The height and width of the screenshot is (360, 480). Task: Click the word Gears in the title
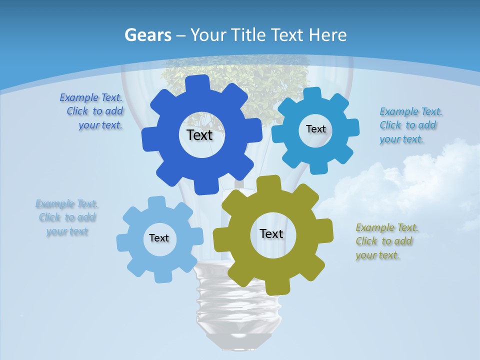(147, 35)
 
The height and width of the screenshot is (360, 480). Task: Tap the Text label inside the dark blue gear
(199, 135)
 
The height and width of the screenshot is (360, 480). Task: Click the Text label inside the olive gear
(271, 233)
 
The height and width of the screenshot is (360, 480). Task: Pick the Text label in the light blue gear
(159, 238)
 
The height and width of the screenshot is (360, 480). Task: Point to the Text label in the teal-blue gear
(315, 129)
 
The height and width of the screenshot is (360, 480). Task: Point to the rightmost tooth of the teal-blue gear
(352, 127)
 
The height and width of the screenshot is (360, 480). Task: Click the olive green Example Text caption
(386, 241)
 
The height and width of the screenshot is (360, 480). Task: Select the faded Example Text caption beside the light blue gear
(67, 217)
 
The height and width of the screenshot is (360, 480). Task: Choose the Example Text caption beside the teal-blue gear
(410, 125)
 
